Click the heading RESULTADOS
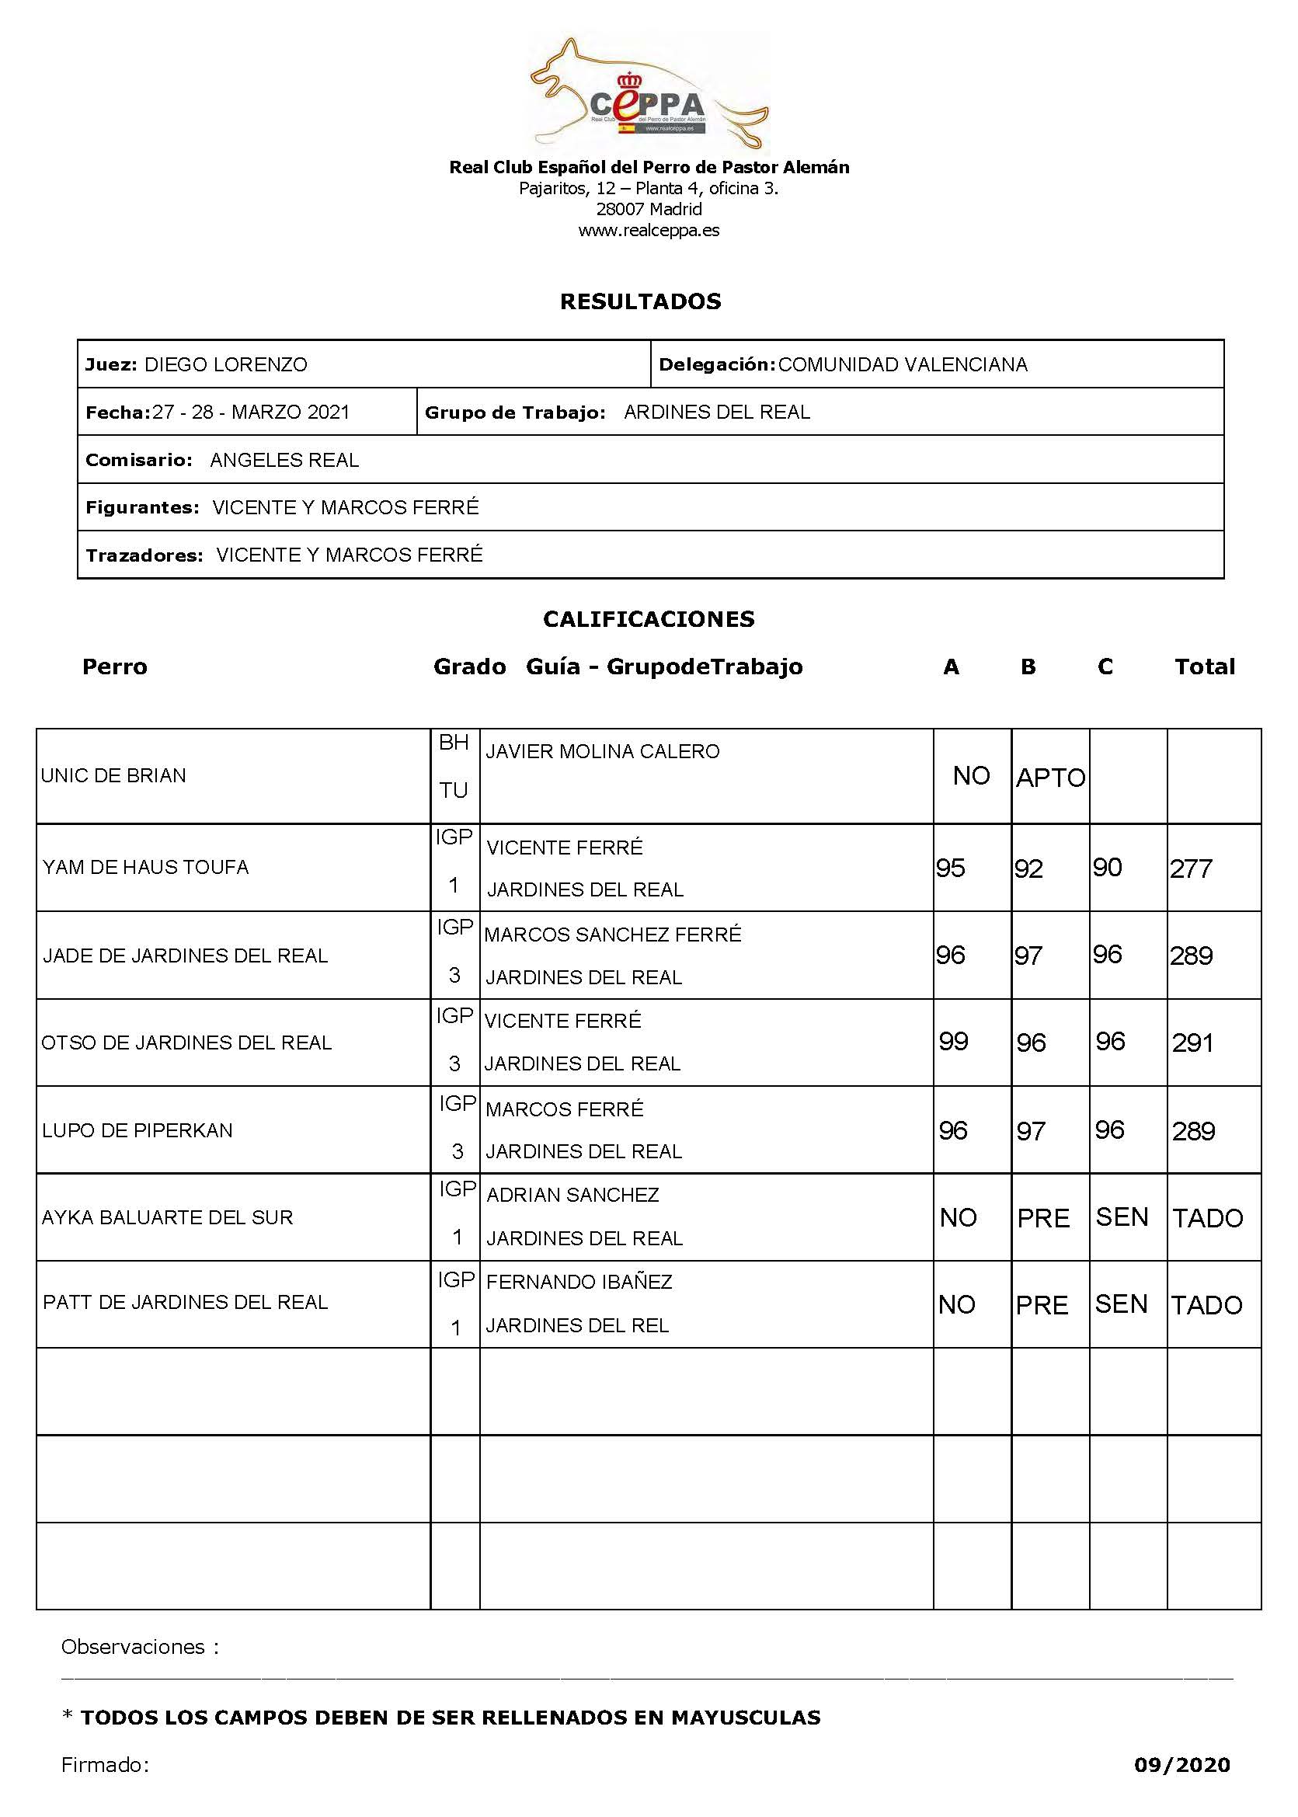[x=640, y=301]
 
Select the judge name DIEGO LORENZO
[x=225, y=364]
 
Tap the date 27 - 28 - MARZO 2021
[x=251, y=412]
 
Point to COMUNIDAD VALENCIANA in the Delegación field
[x=903, y=364]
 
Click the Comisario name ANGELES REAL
[x=284, y=461]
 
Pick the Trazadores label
[x=144, y=555]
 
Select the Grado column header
[x=469, y=667]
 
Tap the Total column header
[x=1204, y=667]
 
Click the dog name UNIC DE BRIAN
[x=113, y=775]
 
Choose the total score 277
[x=1191, y=868]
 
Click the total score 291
[x=1192, y=1043]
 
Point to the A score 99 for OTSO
[x=954, y=1041]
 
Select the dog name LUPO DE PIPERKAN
[x=137, y=1130]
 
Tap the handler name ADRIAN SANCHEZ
[x=572, y=1195]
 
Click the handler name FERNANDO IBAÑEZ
[x=579, y=1283]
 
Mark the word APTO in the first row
[x=1050, y=778]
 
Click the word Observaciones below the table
[x=134, y=1647]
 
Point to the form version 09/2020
[x=1181, y=1765]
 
